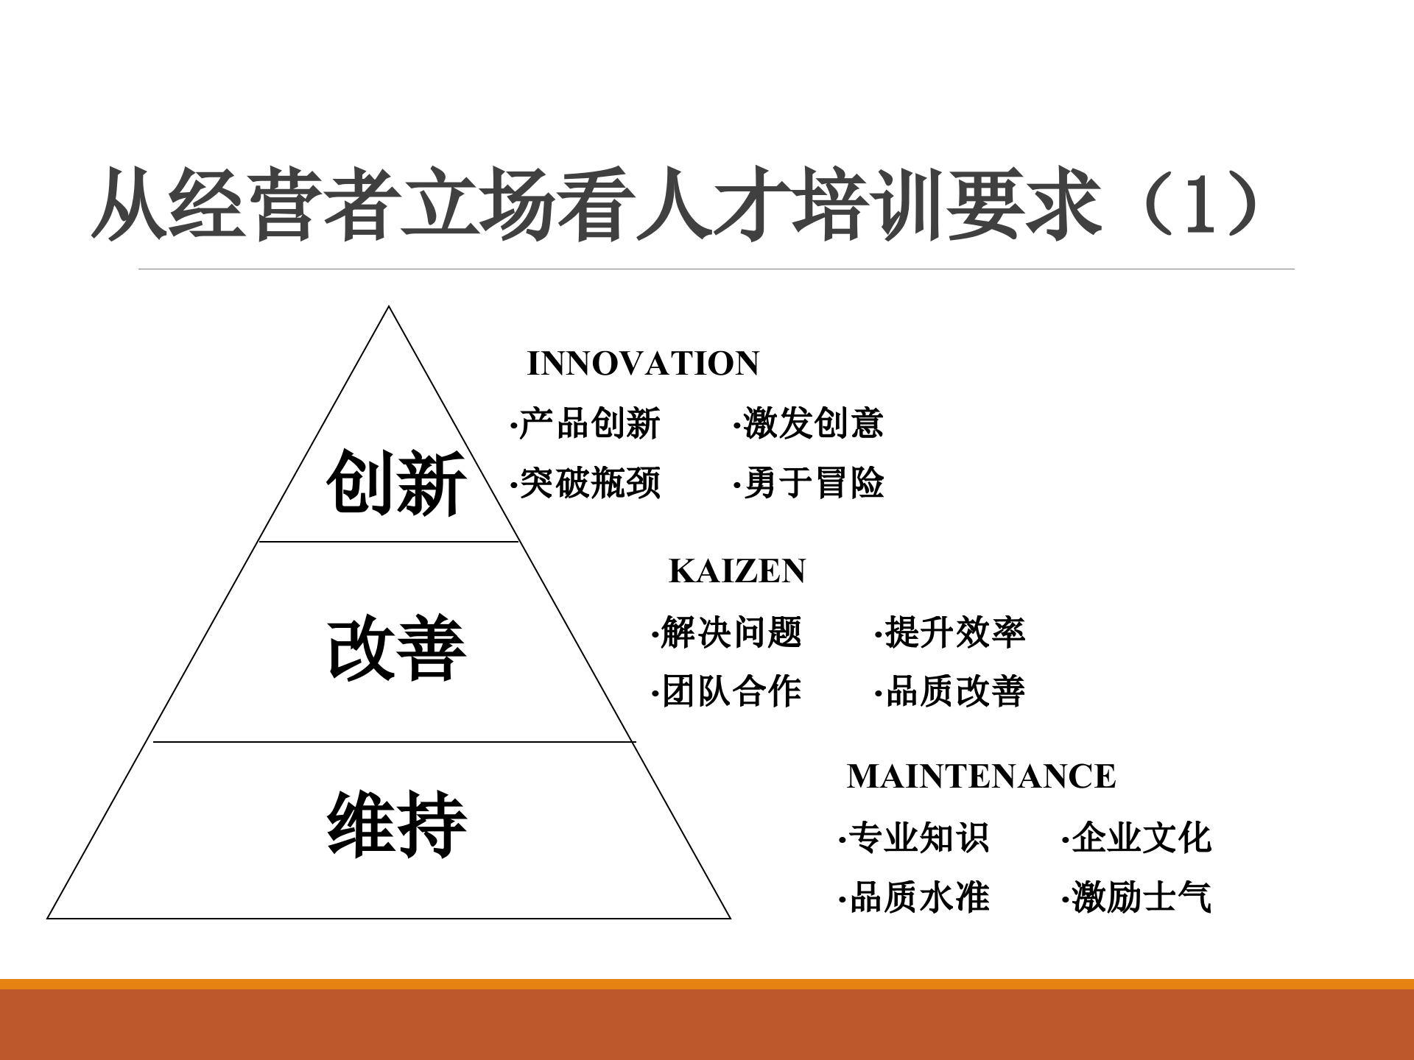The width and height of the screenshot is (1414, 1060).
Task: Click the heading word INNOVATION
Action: [x=643, y=364]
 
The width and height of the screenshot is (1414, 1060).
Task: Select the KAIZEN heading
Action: [x=737, y=571]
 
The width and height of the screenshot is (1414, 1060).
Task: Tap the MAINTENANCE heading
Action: [x=981, y=777]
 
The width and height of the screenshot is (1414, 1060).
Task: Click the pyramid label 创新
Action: [x=396, y=483]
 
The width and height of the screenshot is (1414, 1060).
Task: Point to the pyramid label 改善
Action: [x=396, y=649]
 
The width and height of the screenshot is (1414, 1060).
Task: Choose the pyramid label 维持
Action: [x=396, y=824]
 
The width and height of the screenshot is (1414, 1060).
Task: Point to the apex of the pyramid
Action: [x=389, y=308]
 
